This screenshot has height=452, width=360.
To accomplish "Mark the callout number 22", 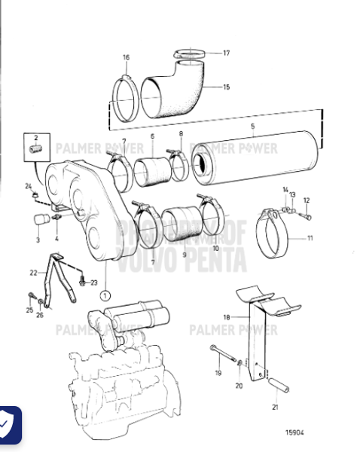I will coord(33,272).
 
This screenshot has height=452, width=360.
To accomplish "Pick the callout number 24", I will coord(28,185).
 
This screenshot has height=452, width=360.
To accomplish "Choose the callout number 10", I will coord(215,247).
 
